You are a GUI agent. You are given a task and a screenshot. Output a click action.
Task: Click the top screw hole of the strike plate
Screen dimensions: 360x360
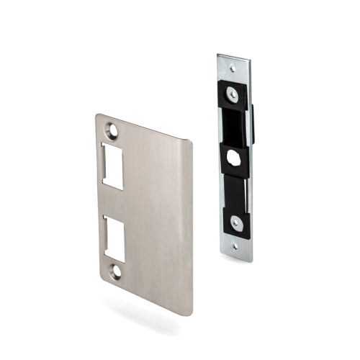pos(112,130)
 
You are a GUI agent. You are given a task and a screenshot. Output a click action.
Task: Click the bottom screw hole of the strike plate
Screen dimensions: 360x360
pos(114,271)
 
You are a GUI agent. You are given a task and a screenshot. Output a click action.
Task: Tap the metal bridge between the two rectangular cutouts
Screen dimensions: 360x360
pos(113,202)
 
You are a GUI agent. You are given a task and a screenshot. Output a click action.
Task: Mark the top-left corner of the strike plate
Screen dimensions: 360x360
pos(96,115)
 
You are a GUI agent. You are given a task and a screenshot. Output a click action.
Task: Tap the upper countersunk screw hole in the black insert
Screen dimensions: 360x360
pos(232,92)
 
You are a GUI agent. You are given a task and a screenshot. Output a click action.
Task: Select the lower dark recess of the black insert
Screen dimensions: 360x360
pos(235,189)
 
